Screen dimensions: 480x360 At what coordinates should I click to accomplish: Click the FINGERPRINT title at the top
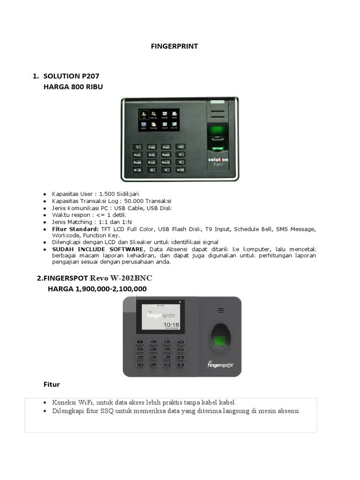[174, 46]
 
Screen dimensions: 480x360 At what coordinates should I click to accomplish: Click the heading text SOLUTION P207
[71, 76]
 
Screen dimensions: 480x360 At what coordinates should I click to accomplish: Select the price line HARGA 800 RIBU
[73, 87]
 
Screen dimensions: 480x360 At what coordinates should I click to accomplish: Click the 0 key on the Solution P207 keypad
[151, 170]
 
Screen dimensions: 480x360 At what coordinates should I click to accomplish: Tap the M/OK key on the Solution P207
[180, 170]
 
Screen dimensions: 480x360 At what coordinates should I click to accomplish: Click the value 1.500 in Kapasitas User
[108, 194]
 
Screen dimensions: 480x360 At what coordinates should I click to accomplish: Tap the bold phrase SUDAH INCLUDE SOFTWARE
[97, 248]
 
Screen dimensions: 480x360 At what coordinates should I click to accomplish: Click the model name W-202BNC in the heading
[131, 278]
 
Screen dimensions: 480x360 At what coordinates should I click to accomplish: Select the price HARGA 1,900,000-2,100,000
[97, 289]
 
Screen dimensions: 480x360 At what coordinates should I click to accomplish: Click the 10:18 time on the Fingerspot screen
[171, 324]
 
